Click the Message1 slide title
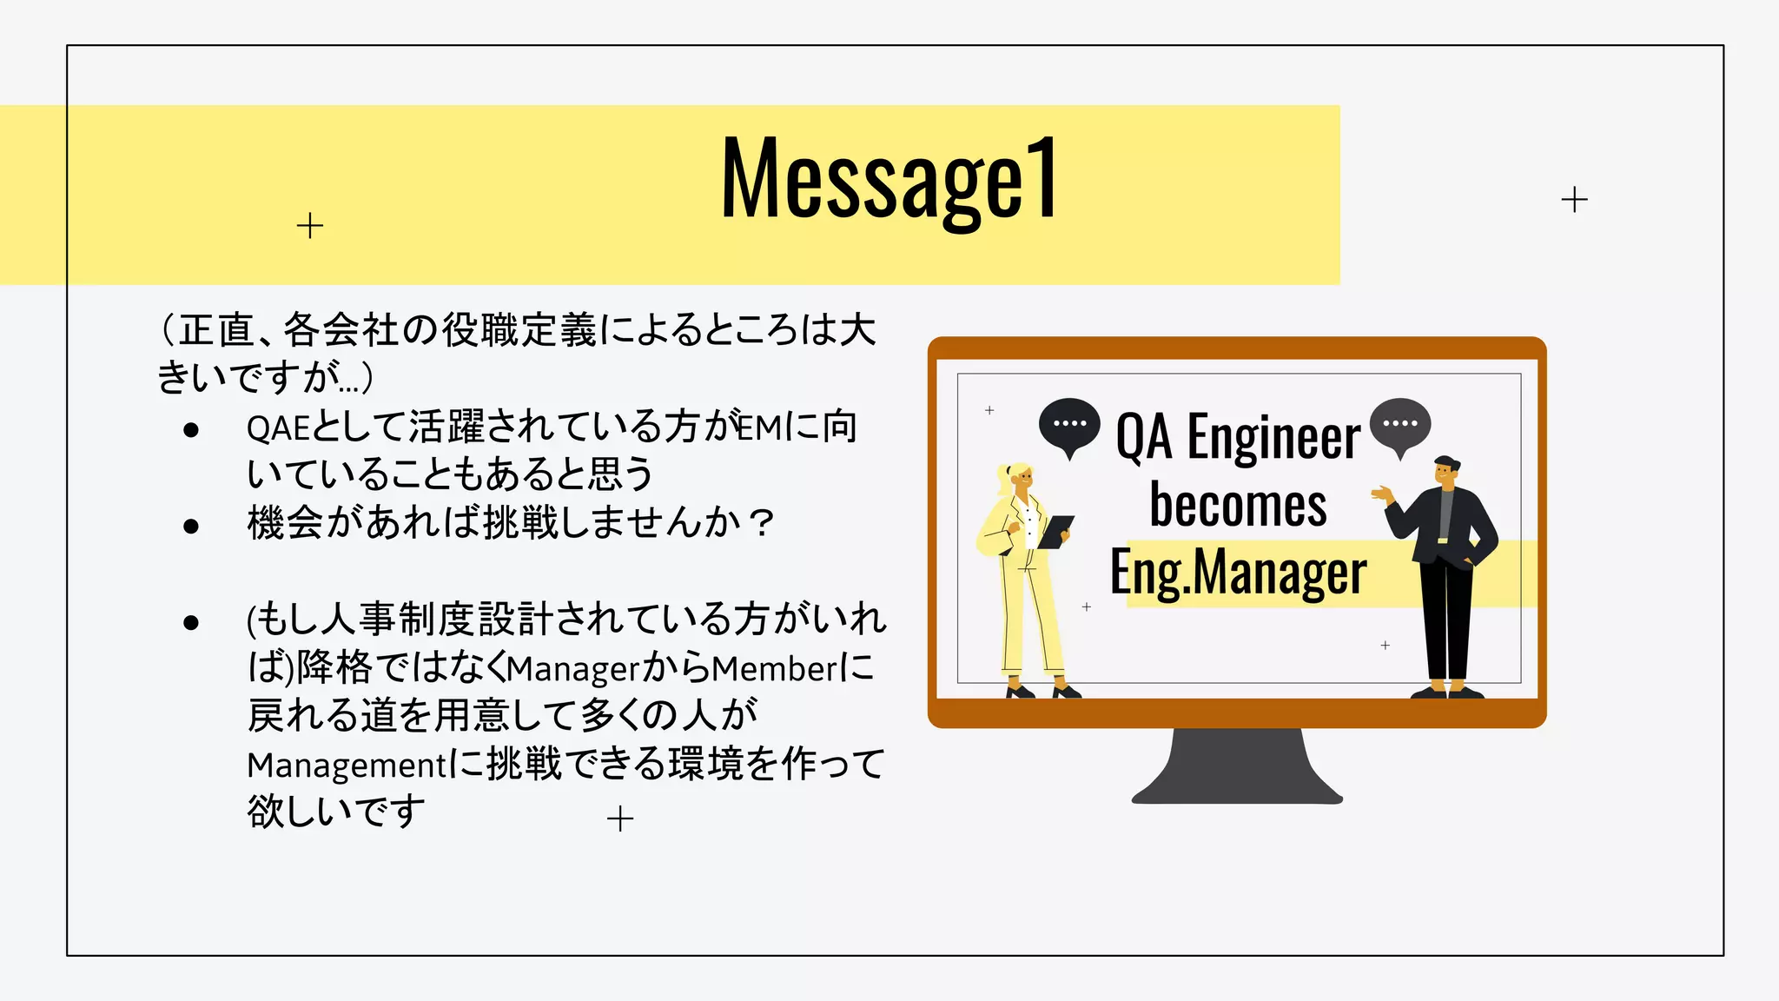pyautogui.click(x=889, y=180)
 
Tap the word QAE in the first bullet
pyautogui.click(x=278, y=428)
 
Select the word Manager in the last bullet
pyautogui.click(x=573, y=669)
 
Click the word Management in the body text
pyautogui.click(x=347, y=766)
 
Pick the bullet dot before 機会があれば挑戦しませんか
pyautogui.click(x=191, y=526)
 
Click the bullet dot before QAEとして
pyautogui.click(x=191, y=429)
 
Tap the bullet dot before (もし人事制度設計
pyautogui.click(x=191, y=622)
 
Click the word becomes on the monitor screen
pyautogui.click(x=1238, y=505)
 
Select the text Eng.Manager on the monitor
pyautogui.click(x=1238, y=573)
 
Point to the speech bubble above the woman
pyautogui.click(x=1069, y=425)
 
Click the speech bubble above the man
pyautogui.click(x=1399, y=424)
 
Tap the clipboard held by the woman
pyautogui.click(x=1056, y=531)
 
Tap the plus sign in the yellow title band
pyautogui.click(x=310, y=226)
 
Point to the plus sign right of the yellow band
pyautogui.click(x=1574, y=200)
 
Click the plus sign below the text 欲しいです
pyautogui.click(x=620, y=819)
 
